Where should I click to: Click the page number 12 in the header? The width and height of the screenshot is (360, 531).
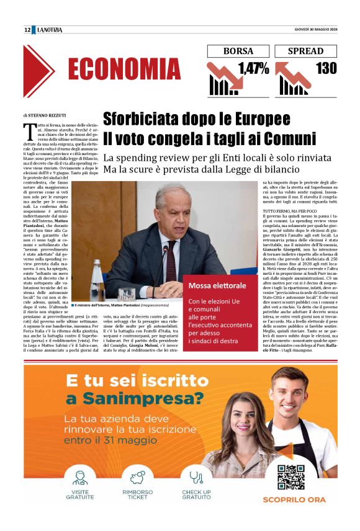(x=27, y=30)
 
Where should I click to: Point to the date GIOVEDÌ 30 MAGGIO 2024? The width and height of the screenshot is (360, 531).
(x=314, y=30)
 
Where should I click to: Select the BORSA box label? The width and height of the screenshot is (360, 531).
(x=238, y=51)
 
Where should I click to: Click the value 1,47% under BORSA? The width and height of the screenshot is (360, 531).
(x=252, y=68)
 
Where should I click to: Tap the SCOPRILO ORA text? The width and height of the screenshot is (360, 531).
(x=290, y=499)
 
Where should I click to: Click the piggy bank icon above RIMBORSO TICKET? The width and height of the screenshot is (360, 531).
(x=138, y=478)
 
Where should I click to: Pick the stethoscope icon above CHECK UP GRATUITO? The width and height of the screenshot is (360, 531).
(x=196, y=478)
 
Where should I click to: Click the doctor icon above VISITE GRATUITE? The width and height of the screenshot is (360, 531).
(x=79, y=478)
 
